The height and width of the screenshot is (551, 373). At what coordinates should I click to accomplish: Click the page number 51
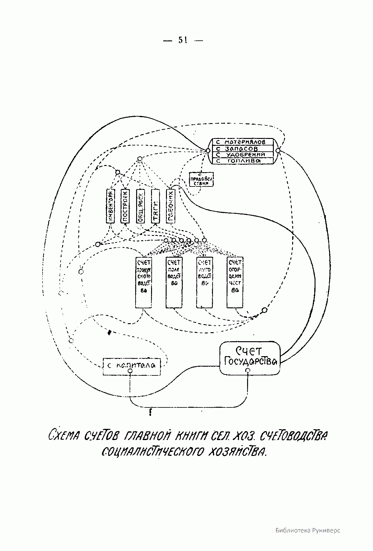[183, 40]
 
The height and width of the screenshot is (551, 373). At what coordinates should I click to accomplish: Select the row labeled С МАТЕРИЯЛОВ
[242, 142]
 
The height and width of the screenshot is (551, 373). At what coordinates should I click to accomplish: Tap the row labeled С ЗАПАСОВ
[242, 149]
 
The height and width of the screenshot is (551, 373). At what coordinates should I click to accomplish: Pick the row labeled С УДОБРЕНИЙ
[242, 155]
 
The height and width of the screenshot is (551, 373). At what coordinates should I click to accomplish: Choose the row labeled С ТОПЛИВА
[242, 161]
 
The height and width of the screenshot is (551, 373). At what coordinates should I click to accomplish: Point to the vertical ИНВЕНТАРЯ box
[110, 206]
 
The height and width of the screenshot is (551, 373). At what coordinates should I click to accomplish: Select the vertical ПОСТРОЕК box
[125, 206]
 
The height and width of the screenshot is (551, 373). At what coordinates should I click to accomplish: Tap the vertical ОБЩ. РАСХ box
[140, 206]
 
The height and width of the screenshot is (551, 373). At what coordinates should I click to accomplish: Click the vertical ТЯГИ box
[155, 206]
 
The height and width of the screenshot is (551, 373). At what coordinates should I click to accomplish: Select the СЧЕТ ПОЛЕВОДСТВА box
[174, 282]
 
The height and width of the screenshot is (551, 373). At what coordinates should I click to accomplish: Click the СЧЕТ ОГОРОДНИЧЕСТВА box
[235, 282]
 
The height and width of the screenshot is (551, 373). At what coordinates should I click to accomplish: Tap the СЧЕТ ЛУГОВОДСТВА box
[204, 282]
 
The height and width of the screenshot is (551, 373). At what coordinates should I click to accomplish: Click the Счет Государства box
[250, 358]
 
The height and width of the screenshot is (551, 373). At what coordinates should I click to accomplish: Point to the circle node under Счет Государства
[247, 370]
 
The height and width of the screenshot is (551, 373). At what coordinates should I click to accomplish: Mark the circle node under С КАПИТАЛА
[131, 371]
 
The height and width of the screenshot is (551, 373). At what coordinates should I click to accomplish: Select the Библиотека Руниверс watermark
[308, 530]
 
